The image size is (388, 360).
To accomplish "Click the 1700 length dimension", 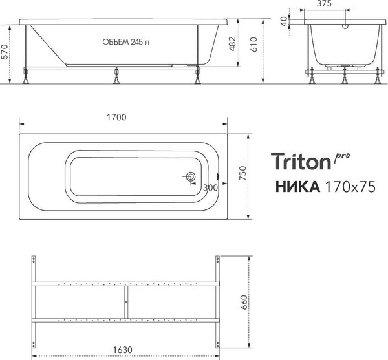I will [116, 117].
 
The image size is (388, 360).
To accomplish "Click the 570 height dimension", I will [5, 55].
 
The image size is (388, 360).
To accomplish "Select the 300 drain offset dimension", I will [210, 187].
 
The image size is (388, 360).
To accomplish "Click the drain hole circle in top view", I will [191, 177].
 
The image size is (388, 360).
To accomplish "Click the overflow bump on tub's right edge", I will [219, 176].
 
